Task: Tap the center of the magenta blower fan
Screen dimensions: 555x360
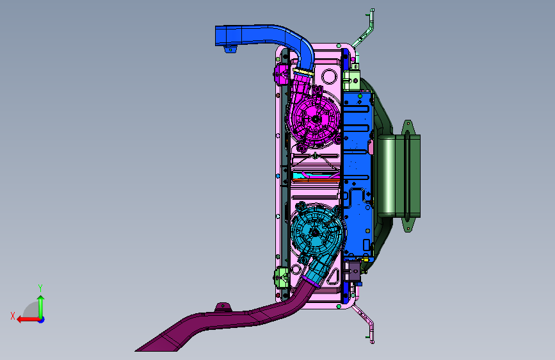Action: [x=316, y=119]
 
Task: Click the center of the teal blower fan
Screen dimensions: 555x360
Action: [x=315, y=232]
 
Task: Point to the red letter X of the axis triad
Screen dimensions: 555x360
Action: [x=13, y=316]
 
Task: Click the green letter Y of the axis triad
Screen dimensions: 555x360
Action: [x=40, y=288]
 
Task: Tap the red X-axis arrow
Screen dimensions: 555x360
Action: [x=28, y=320]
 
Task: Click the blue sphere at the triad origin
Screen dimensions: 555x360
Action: [x=42, y=320]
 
